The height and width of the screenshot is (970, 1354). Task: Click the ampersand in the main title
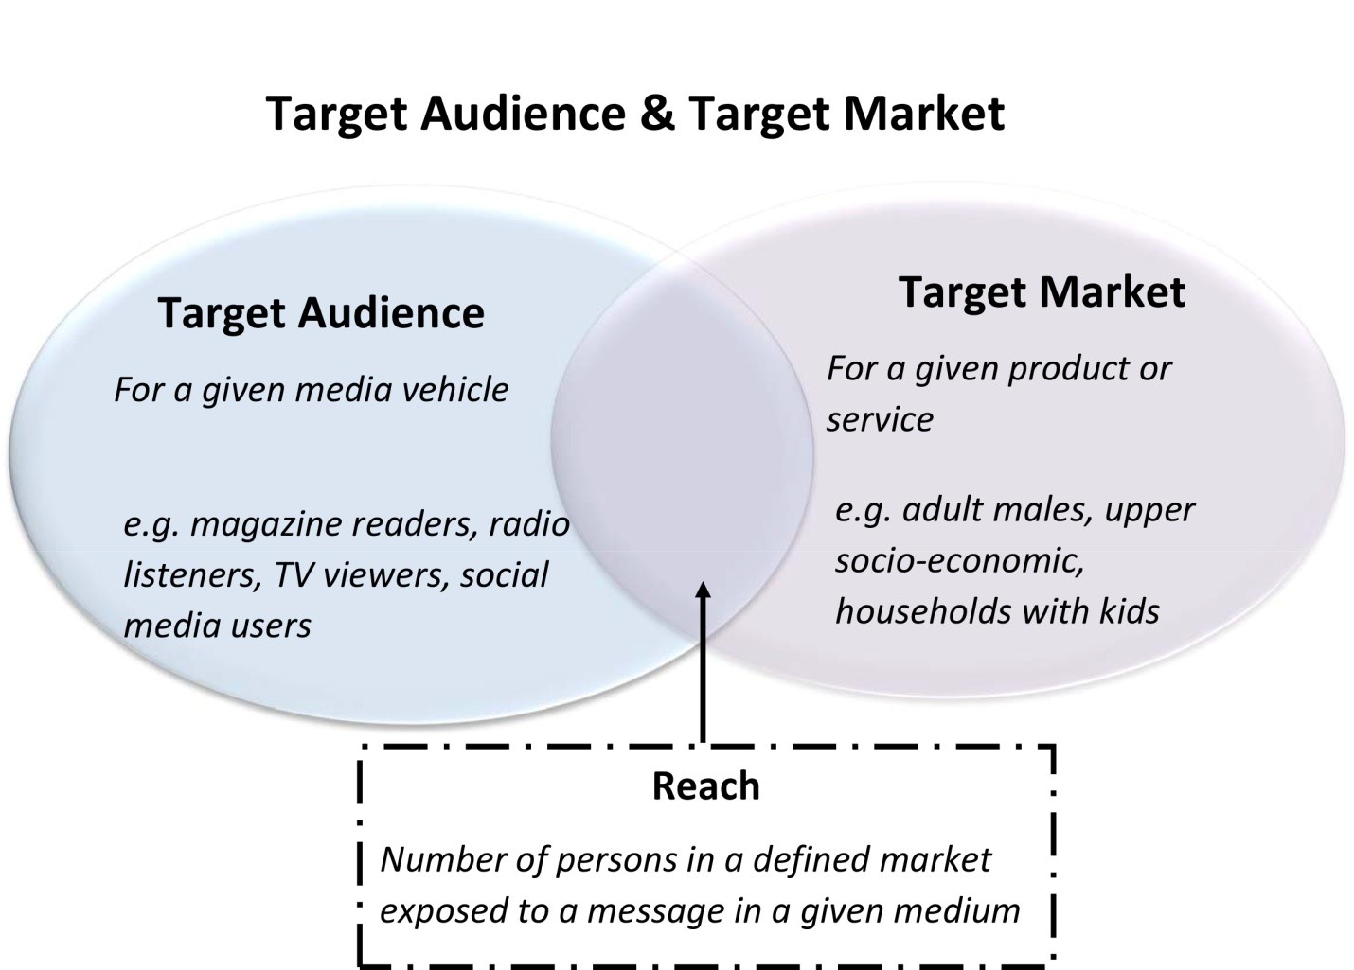(656, 113)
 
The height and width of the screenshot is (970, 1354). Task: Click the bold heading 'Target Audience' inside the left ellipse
(321, 313)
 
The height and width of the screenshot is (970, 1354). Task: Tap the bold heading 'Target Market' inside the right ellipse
(1041, 291)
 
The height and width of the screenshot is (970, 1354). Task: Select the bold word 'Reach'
(705, 785)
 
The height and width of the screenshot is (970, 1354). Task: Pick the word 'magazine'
(262, 523)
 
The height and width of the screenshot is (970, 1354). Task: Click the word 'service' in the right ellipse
(880, 419)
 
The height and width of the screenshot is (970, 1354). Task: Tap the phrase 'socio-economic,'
(959, 560)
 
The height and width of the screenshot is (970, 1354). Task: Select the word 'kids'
(1130, 611)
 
